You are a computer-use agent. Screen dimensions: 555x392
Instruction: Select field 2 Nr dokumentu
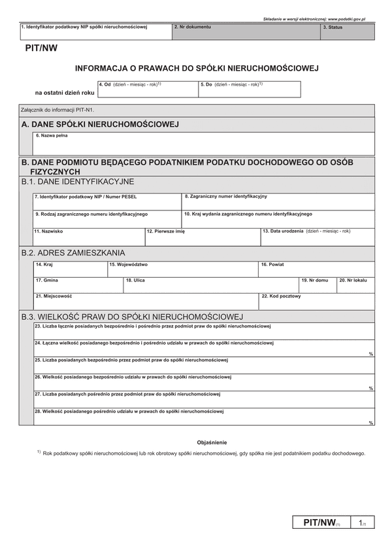tap(245, 33)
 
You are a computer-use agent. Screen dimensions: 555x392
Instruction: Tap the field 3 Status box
tap(347, 33)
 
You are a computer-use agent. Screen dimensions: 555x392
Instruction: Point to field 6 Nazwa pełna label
tap(52, 136)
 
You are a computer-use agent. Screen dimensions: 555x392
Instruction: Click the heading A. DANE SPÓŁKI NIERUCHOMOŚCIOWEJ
tap(100, 124)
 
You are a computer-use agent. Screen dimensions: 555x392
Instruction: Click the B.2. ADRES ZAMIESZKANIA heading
tap(73, 252)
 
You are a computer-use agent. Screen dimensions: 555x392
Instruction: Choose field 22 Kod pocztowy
tap(317, 301)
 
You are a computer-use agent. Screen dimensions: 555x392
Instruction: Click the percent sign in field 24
tap(370, 354)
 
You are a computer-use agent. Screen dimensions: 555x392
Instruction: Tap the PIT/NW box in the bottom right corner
tap(319, 523)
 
